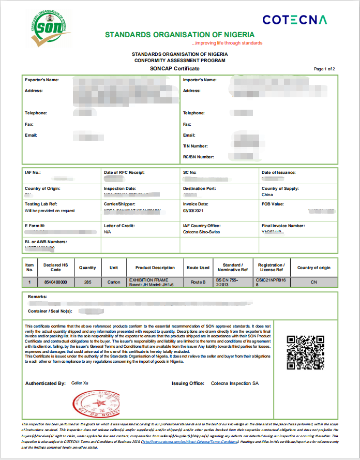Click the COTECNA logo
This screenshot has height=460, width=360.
point(294,20)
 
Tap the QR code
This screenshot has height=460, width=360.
point(305,352)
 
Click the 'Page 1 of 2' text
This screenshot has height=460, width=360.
point(324,69)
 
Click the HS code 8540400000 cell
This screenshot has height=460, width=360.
point(56,282)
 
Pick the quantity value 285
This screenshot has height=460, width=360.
point(87,282)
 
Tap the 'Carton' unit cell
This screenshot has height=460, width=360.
point(113,282)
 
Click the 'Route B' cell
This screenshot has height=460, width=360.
point(198,282)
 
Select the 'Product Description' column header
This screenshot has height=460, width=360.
point(155,268)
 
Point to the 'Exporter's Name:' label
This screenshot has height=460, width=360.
point(42,80)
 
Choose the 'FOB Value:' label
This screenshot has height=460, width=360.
point(273,204)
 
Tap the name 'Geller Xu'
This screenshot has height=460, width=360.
point(80,383)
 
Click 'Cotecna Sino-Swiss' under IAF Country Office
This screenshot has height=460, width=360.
point(202,232)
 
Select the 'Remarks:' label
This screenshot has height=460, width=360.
point(38,297)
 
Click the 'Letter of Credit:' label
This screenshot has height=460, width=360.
point(119,226)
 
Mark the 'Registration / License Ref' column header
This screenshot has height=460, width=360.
point(271,268)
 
